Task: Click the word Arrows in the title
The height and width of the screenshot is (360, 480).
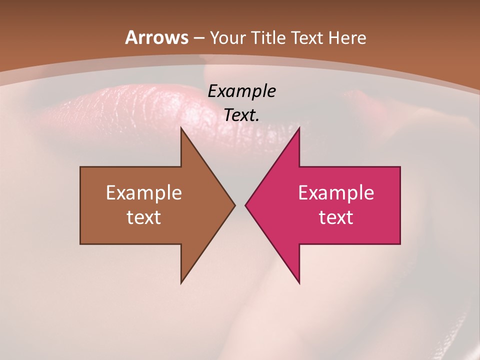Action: pos(156,37)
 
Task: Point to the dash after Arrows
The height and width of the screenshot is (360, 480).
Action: pos(198,38)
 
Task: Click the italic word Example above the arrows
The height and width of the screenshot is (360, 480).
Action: pos(242,91)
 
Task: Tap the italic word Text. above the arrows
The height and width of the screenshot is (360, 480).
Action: pos(242,115)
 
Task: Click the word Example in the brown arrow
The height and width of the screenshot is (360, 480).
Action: pos(144,192)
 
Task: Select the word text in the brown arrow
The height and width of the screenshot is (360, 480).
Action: pos(144,217)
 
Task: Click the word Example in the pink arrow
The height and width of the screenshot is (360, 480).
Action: pos(336,192)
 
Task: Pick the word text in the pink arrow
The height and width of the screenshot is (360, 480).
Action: pos(336,217)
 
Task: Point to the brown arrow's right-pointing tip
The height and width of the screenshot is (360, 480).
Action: pos(234,205)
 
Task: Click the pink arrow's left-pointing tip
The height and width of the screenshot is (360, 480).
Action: pos(246,205)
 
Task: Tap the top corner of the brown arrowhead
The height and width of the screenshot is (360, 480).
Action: pos(181,129)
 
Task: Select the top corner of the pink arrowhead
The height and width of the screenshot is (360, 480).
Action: pos(299,129)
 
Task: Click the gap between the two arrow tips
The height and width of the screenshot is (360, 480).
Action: pos(240,205)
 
